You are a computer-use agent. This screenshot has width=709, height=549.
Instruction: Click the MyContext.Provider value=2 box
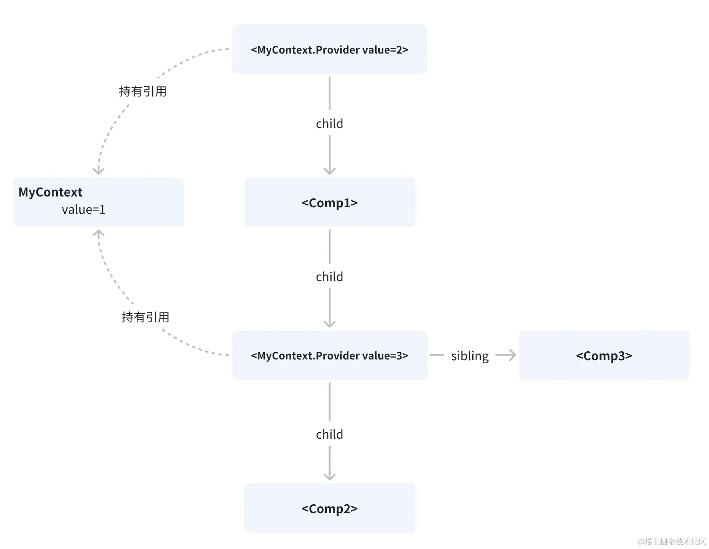[x=329, y=49]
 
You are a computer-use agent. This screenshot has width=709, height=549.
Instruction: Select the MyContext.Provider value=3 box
[x=329, y=355]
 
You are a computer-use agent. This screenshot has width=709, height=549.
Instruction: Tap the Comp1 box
[x=329, y=202]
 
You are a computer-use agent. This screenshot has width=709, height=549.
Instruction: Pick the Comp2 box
[x=329, y=508]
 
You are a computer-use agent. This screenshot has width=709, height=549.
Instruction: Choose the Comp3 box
[x=604, y=355]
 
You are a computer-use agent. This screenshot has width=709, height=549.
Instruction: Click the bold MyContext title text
[x=50, y=192]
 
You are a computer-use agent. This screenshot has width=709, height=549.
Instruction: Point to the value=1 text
[x=83, y=210]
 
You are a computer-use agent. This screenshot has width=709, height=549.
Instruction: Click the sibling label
[x=470, y=356]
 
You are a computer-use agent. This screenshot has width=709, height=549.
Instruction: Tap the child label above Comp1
[x=329, y=124]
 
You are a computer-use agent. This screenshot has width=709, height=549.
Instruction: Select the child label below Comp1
[x=329, y=277]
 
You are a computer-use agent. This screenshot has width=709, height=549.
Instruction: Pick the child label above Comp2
[x=329, y=434]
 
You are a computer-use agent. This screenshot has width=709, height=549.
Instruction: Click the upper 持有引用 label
[x=142, y=91]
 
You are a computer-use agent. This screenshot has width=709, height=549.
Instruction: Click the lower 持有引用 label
[x=145, y=317]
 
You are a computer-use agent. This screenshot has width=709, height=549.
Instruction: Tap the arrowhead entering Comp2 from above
[x=329, y=476]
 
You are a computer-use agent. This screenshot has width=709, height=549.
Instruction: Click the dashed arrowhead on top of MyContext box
[x=99, y=171]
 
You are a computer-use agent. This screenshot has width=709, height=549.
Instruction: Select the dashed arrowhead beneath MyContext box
[x=99, y=234]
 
